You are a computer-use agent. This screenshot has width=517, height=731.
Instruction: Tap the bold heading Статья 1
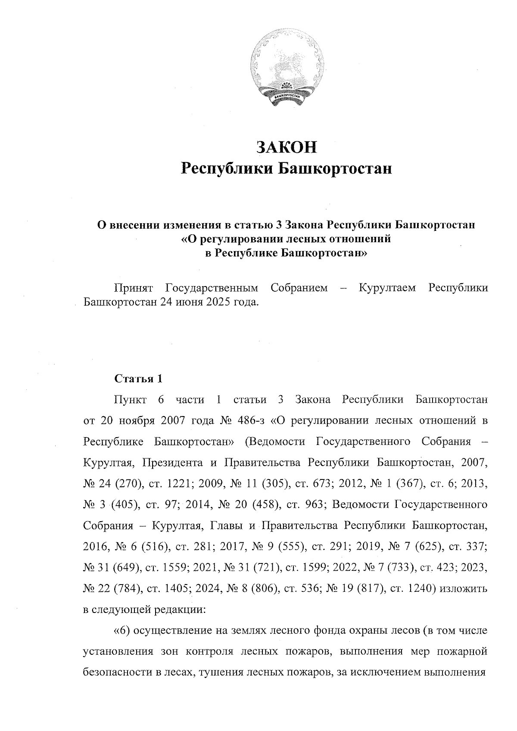(139, 379)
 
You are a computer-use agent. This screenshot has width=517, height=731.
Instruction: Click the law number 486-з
(252, 420)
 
